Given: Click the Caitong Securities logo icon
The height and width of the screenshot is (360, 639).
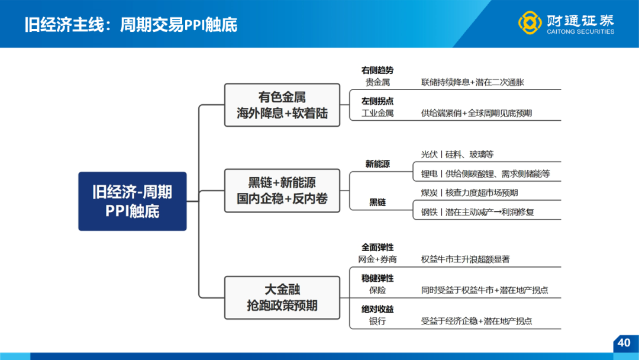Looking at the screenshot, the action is pos(530,22).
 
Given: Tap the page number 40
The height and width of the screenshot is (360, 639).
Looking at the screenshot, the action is pos(624,342).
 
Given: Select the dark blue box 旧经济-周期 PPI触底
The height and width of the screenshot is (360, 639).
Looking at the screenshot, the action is pos(133,201).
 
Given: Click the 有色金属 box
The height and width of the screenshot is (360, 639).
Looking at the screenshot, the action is pos(282,105).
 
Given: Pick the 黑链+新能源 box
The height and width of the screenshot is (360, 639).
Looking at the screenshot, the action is pos(282,191).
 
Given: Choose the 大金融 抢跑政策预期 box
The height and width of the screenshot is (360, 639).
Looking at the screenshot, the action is pos(282,298).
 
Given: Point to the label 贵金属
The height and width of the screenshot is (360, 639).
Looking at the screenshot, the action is pos(377,82).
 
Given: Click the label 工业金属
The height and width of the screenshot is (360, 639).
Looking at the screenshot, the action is pos(377,113).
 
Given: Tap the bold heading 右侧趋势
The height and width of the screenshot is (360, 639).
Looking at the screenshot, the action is pos(377,70).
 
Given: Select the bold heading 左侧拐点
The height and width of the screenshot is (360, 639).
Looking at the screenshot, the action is pos(377,101).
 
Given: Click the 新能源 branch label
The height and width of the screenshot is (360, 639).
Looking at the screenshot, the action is pos(377,164).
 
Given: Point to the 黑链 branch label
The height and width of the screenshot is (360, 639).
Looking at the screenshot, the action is pos(377,202).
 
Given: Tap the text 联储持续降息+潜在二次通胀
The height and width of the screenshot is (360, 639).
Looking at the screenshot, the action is pos(473,82).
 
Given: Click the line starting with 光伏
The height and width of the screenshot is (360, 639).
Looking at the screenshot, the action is pos(457,155).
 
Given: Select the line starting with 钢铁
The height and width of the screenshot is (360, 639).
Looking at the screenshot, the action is pos(477,212).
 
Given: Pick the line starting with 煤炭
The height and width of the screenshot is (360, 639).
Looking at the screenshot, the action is pos(469,193).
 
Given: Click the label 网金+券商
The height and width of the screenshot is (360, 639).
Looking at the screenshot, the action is pos(377,259).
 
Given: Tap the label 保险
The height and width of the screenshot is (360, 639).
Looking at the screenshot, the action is pos(377,290).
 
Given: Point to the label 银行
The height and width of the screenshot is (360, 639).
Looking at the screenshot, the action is pos(377,322).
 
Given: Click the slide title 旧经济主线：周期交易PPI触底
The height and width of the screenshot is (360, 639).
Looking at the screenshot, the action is pos(131,25).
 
